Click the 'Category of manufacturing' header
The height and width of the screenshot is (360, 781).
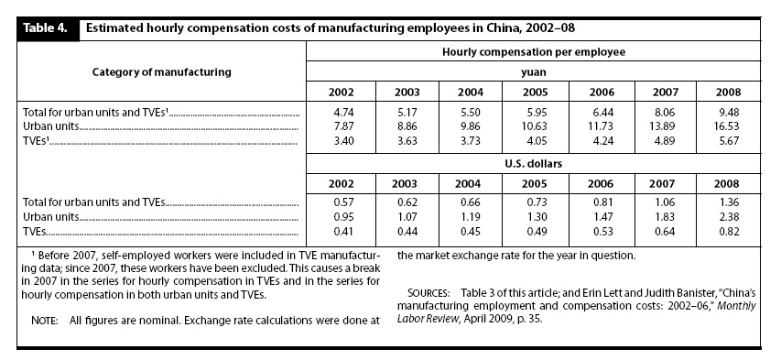click(162, 71)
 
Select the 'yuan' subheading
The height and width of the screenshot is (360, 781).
click(534, 71)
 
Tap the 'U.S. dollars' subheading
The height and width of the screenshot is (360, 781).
click(534, 164)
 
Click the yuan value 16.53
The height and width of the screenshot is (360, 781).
click(728, 126)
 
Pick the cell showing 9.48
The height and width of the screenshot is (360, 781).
click(728, 113)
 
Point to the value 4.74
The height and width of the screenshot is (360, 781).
click(342, 113)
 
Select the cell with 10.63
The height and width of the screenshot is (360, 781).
click(534, 126)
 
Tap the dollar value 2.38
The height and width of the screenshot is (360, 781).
click(728, 217)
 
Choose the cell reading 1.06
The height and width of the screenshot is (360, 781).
click(665, 203)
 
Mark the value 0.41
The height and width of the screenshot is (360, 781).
click(342, 232)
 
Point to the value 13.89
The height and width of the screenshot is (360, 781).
click(665, 126)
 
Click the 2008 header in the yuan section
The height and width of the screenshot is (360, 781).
click(728, 93)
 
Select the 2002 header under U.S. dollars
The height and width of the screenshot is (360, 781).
click(342, 183)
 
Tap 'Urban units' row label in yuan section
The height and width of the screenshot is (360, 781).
click(50, 126)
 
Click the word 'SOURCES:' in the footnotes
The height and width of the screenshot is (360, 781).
click(428, 292)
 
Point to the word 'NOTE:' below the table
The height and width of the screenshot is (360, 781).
click(44, 321)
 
